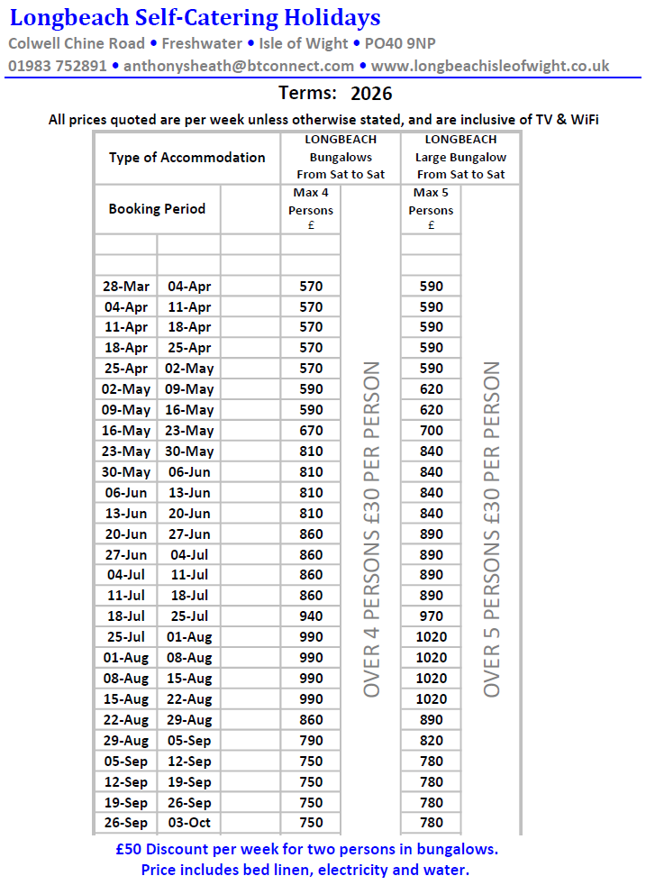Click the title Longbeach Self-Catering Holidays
[195, 17]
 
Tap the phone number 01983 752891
[58, 66]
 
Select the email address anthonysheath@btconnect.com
[238, 66]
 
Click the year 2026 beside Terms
[371, 93]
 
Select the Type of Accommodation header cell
[187, 157]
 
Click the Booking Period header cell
[157, 208]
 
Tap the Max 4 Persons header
[311, 209]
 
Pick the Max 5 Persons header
[431, 209]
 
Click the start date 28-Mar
[126, 287]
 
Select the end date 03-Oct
[188, 823]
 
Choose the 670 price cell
[311, 431]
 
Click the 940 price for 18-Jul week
[311, 616]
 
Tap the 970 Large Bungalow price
[431, 616]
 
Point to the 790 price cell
[311, 741]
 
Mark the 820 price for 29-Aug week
[431, 741]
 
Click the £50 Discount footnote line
[307, 849]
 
